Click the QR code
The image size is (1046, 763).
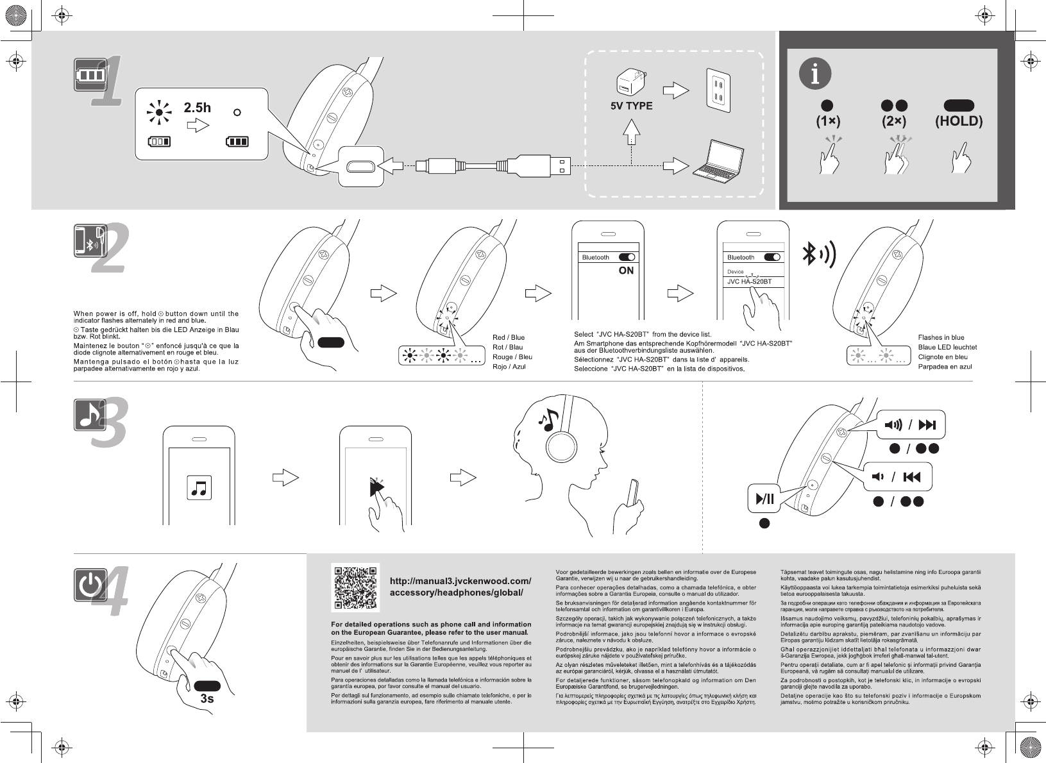coord(355,587)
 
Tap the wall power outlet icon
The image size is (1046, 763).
coord(718,90)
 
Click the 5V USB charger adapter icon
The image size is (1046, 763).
coord(630,83)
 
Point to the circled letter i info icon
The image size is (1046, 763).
coord(815,74)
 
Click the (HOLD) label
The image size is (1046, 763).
coord(959,121)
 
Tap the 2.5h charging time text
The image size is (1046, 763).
coord(197,107)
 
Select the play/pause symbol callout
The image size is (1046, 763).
coord(765,498)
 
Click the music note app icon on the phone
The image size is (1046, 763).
coord(199,489)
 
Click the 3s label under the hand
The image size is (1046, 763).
coord(207,698)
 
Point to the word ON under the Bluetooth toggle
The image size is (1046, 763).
coord(626,271)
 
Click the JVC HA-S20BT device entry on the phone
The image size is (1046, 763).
coord(750,281)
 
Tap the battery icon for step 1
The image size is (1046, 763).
coord(90,74)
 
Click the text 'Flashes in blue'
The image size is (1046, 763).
coord(941,337)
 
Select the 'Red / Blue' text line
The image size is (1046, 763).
coord(508,337)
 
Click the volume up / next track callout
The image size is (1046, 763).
coord(910,424)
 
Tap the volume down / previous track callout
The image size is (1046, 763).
coord(898,476)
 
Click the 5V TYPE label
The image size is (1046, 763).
coord(631,106)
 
